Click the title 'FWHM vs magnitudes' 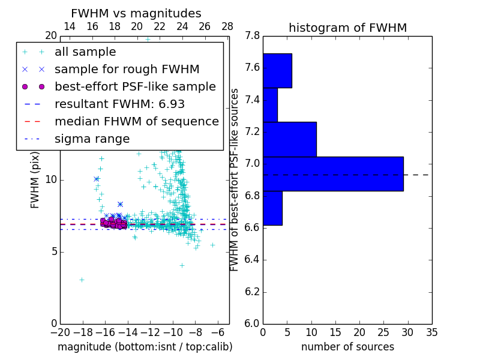[x=136, y=13]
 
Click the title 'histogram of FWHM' [x=347, y=28]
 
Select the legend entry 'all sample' [x=85, y=52]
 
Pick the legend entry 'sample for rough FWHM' [x=127, y=70]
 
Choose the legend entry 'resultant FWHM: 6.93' [x=119, y=104]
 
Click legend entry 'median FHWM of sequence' [x=136, y=122]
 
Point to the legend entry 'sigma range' [x=92, y=139]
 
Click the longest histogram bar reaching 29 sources [x=333, y=174]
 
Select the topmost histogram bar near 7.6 [x=277, y=71]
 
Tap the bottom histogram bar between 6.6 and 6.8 [x=272, y=208]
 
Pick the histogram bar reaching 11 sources [x=289, y=139]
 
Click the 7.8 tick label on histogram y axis [x=253, y=36]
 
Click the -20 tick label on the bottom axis [x=60, y=332]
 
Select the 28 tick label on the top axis [x=227, y=26]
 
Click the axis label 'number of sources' [x=347, y=347]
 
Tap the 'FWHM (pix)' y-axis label [x=35, y=181]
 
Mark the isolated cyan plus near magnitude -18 [x=82, y=280]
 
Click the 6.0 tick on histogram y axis [x=253, y=324]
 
